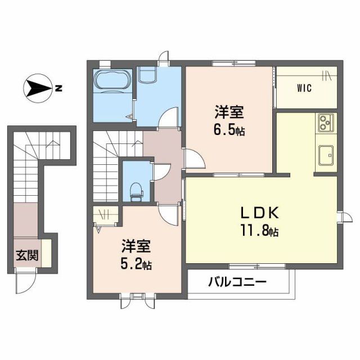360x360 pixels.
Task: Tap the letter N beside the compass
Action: point(58,88)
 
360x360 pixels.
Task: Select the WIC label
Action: point(304,88)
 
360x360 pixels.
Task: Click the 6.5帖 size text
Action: point(228,132)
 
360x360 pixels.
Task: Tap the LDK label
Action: point(258,213)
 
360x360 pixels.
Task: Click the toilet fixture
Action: point(136,191)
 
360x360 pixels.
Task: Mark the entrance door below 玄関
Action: point(24,281)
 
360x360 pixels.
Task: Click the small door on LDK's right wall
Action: point(342,217)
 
